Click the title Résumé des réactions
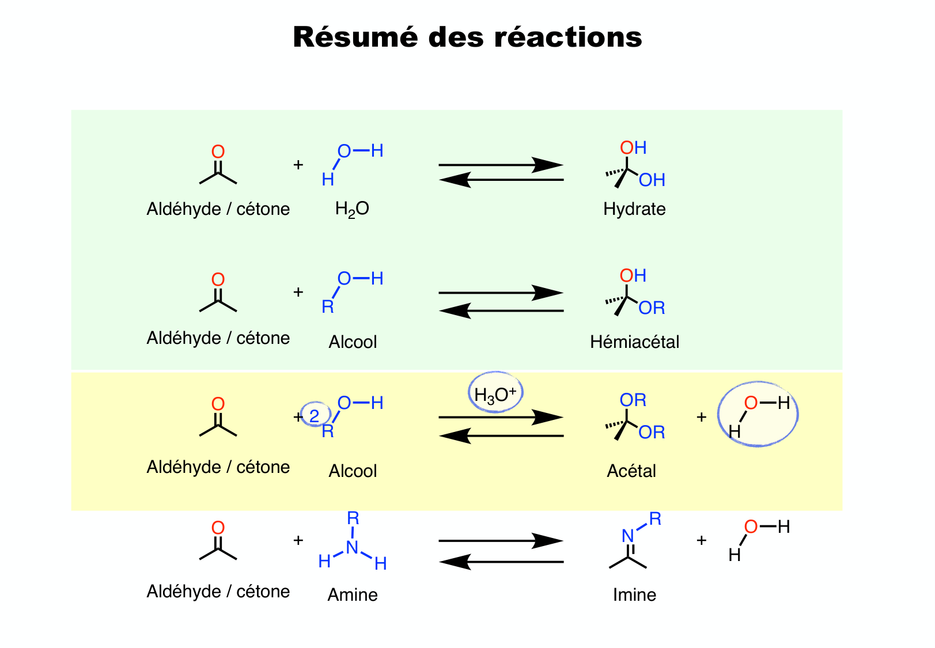(x=467, y=37)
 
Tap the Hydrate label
(x=634, y=209)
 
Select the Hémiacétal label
(x=634, y=342)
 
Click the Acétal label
(x=631, y=471)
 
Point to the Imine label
(x=634, y=595)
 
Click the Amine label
(x=353, y=595)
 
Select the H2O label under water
(x=352, y=209)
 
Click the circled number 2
(x=315, y=416)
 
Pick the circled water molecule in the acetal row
(x=758, y=415)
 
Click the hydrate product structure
(x=634, y=165)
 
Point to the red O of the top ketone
(x=218, y=151)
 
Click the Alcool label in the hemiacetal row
(x=353, y=342)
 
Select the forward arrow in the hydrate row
(x=501, y=165)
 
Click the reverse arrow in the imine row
(x=501, y=562)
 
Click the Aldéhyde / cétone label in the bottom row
(x=218, y=592)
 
